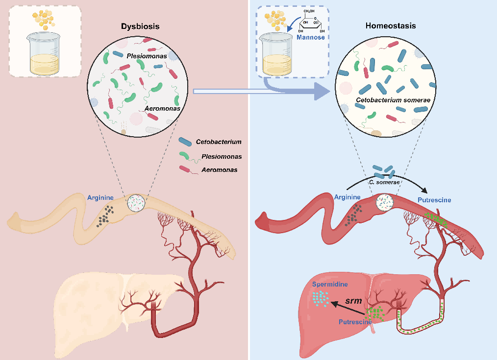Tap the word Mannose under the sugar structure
point(311,37)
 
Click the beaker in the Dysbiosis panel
point(45,53)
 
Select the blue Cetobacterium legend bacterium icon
point(185,142)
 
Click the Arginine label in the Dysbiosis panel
point(100,198)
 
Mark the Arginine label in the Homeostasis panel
point(347,197)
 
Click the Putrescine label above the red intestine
point(434,200)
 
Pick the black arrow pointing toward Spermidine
point(349,308)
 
